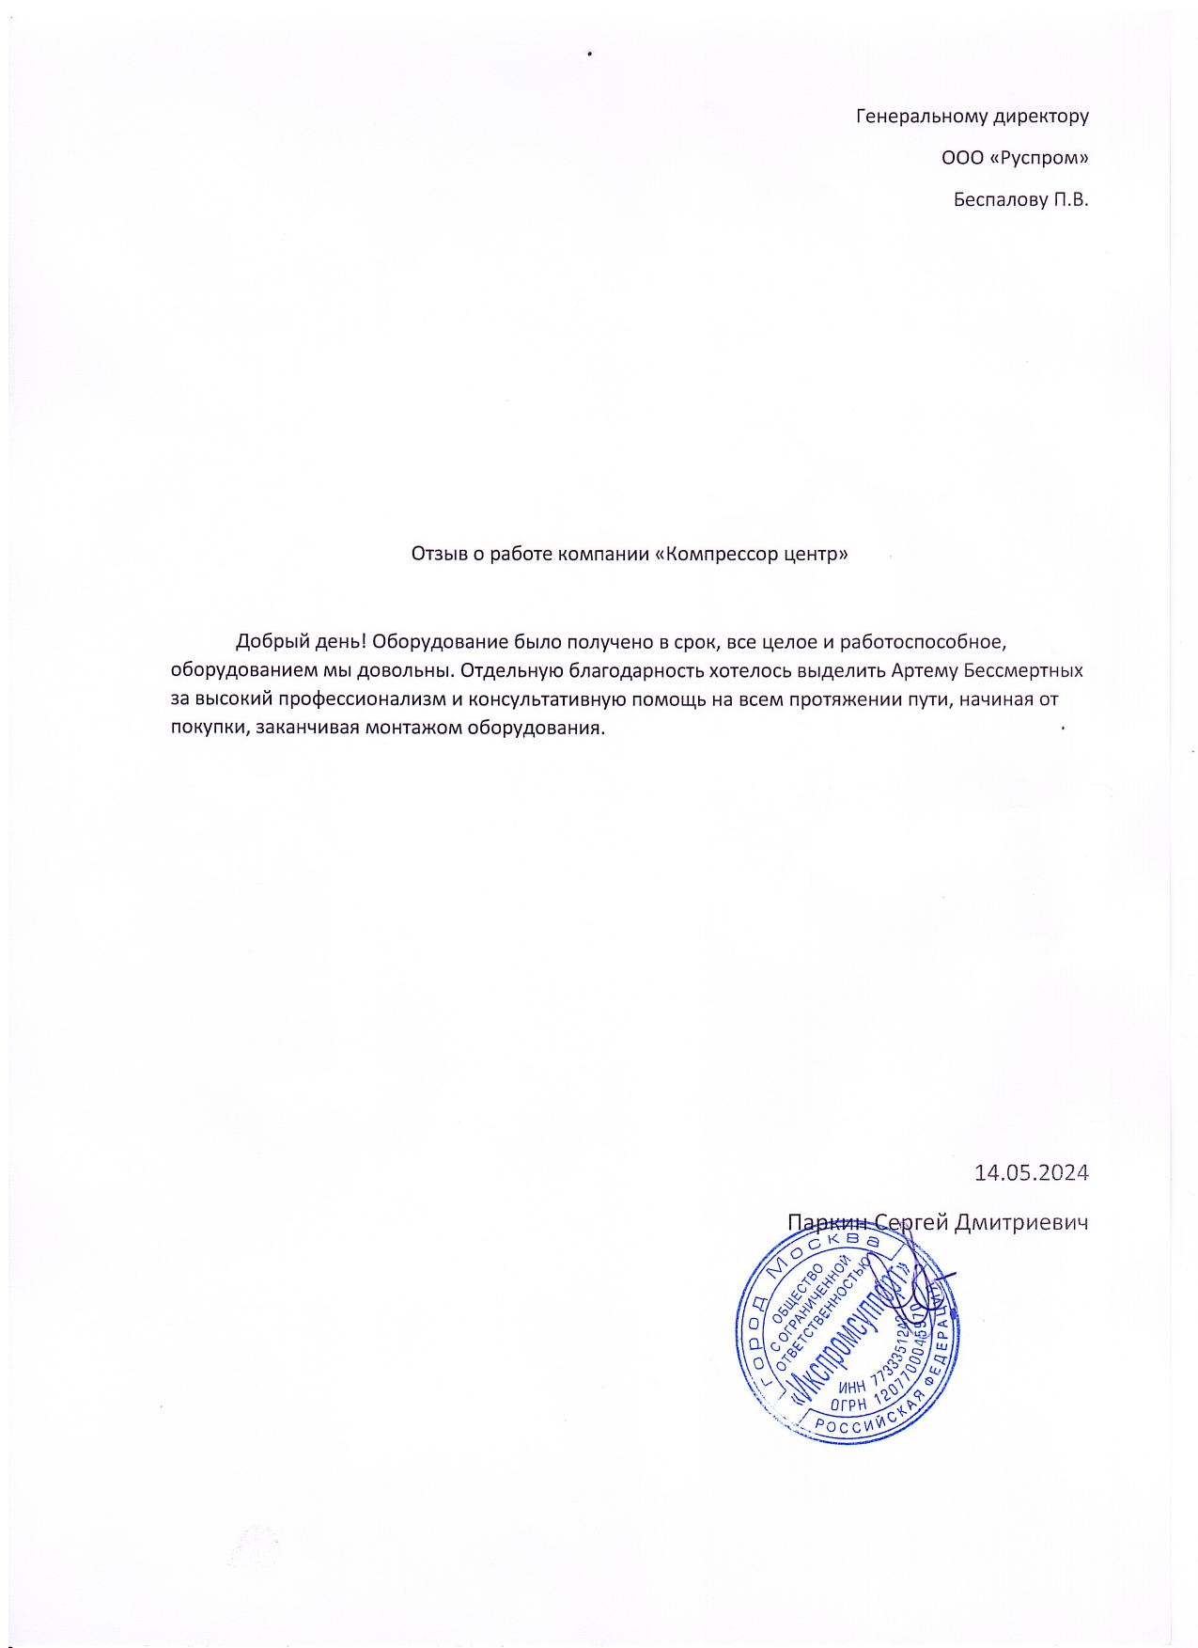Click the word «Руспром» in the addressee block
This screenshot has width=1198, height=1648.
[1039, 158]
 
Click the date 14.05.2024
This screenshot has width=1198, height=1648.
[1031, 1172]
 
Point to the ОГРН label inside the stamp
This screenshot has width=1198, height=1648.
[850, 1403]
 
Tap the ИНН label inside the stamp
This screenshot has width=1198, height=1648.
[853, 1385]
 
